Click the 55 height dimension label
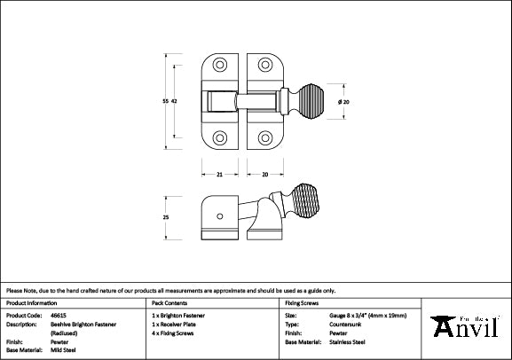(x=165, y=102)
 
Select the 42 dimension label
(x=175, y=102)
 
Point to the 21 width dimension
(x=219, y=174)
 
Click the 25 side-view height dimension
(x=166, y=217)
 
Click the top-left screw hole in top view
(x=220, y=67)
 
